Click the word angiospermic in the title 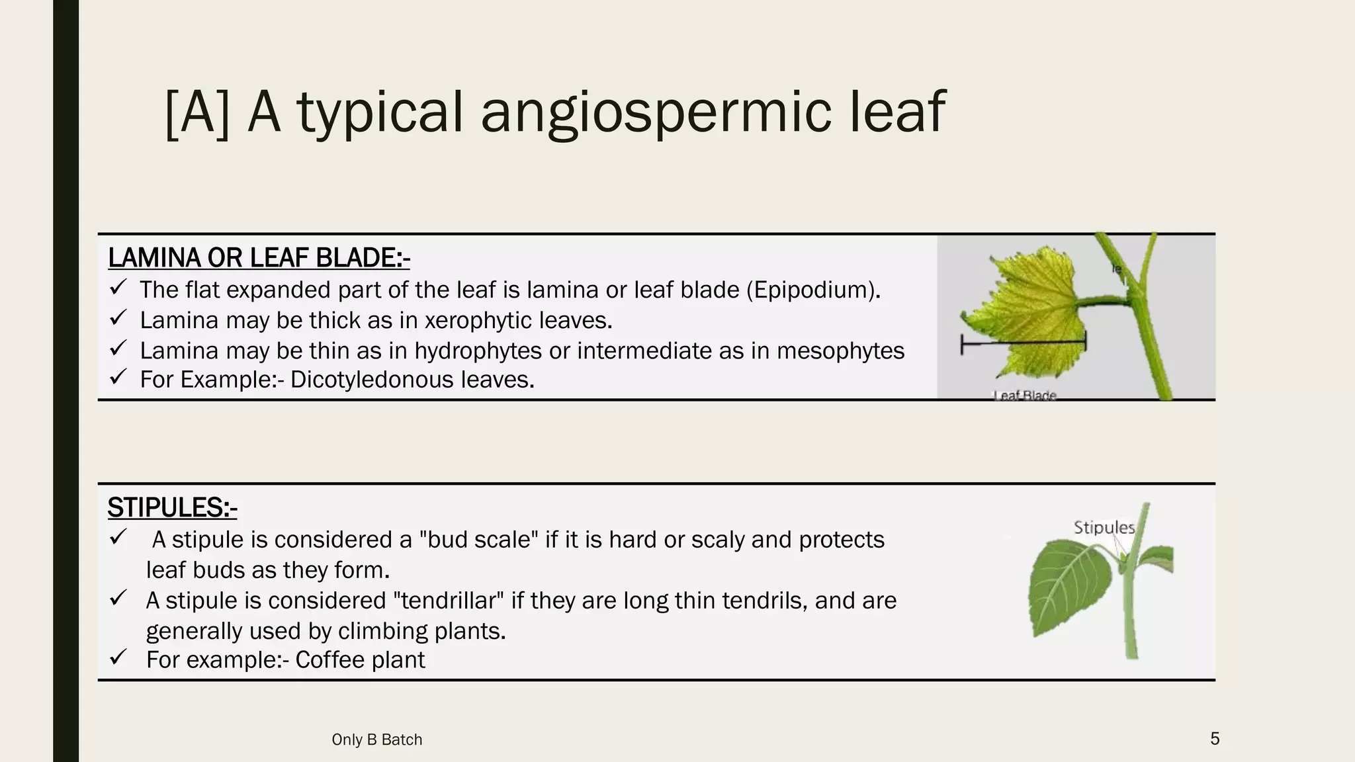tap(655, 112)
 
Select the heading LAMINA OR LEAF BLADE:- tap(259, 258)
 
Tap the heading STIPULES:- tap(172, 508)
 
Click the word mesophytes tap(840, 351)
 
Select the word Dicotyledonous tap(372, 380)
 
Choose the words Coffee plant tap(360, 660)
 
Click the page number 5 tap(1215, 738)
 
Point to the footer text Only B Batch tap(376, 740)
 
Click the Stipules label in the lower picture tap(1104, 527)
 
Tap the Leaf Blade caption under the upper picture tap(1025, 395)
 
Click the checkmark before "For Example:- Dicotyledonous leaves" tap(118, 378)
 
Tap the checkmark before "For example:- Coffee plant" tap(118, 658)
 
